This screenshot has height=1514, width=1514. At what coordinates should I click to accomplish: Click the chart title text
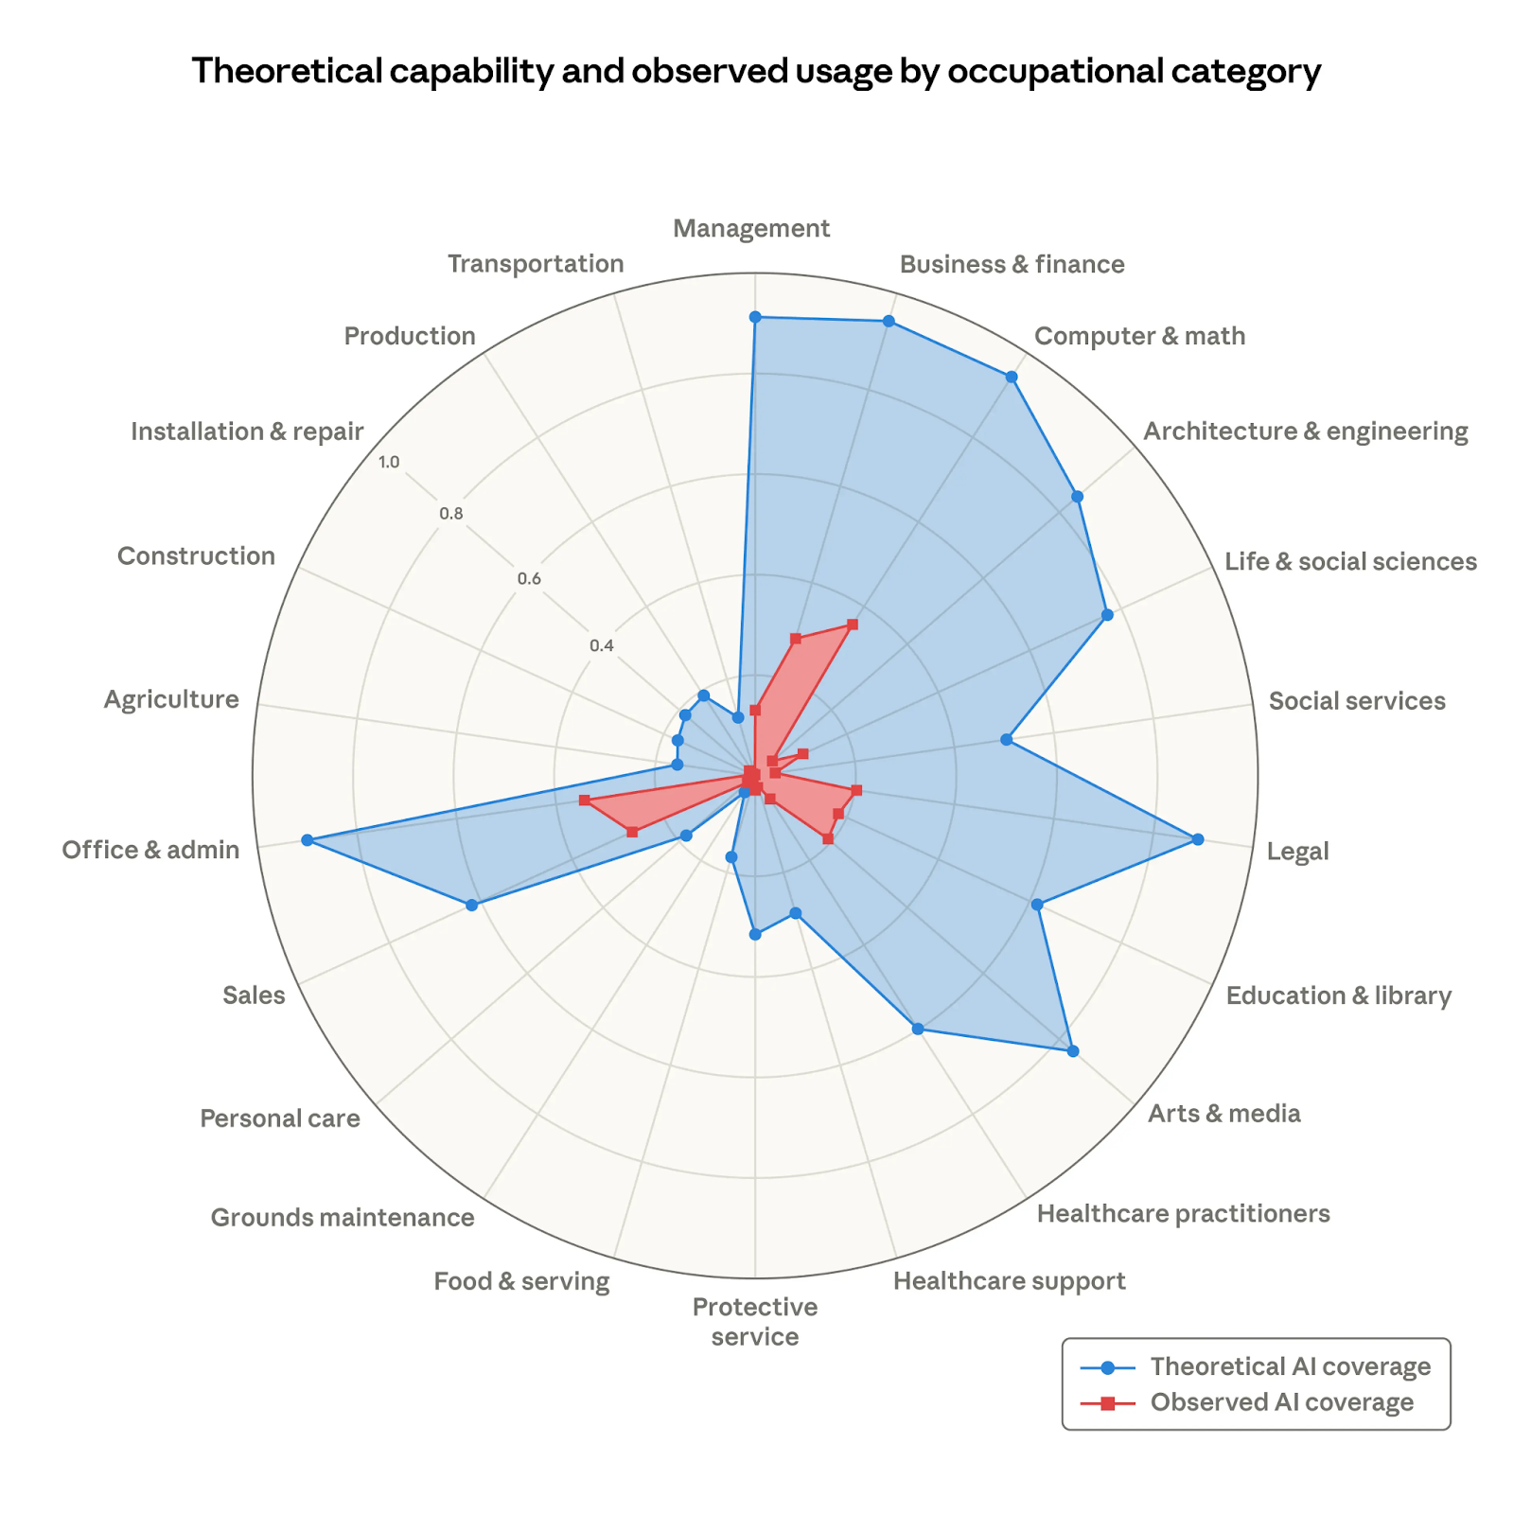point(756,71)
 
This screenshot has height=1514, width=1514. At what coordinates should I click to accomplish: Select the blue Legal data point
point(1198,839)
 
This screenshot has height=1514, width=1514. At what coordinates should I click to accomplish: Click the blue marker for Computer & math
point(1012,377)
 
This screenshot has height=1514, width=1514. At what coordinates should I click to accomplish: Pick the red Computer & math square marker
point(853,625)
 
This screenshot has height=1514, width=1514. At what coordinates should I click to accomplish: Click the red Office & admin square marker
point(585,801)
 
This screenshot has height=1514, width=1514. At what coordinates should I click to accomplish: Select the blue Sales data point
point(472,906)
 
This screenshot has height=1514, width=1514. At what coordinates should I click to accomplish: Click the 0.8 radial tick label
point(451,515)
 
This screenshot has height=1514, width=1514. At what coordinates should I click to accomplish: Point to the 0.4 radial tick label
point(602,646)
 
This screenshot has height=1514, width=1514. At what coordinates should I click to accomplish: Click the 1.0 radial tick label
point(389,463)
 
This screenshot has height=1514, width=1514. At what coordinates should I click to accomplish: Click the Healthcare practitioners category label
point(1183,1213)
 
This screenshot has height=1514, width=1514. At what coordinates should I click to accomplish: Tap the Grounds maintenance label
point(343,1217)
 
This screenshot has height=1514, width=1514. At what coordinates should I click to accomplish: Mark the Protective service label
point(755,1322)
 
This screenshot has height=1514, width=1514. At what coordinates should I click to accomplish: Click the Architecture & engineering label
point(1306,431)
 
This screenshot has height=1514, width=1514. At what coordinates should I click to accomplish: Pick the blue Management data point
point(755,317)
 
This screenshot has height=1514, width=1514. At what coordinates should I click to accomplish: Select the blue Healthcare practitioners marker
point(917,1029)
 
